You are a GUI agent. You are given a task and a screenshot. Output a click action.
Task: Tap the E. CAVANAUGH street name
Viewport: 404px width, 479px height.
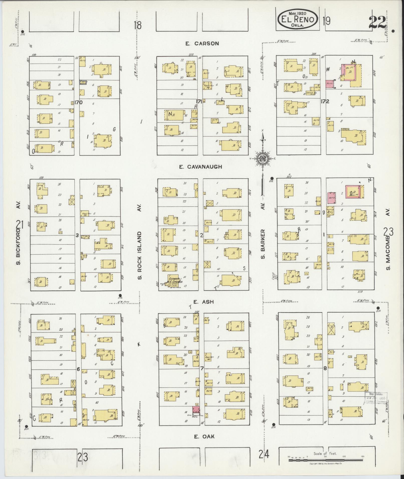click(x=201, y=167)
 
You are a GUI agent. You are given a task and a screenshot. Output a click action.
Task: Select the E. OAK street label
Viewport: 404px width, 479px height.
click(x=204, y=436)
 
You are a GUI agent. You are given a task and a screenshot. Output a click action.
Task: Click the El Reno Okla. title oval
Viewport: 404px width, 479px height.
click(x=298, y=19)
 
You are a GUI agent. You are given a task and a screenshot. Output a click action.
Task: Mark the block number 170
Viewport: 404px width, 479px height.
click(x=78, y=102)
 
